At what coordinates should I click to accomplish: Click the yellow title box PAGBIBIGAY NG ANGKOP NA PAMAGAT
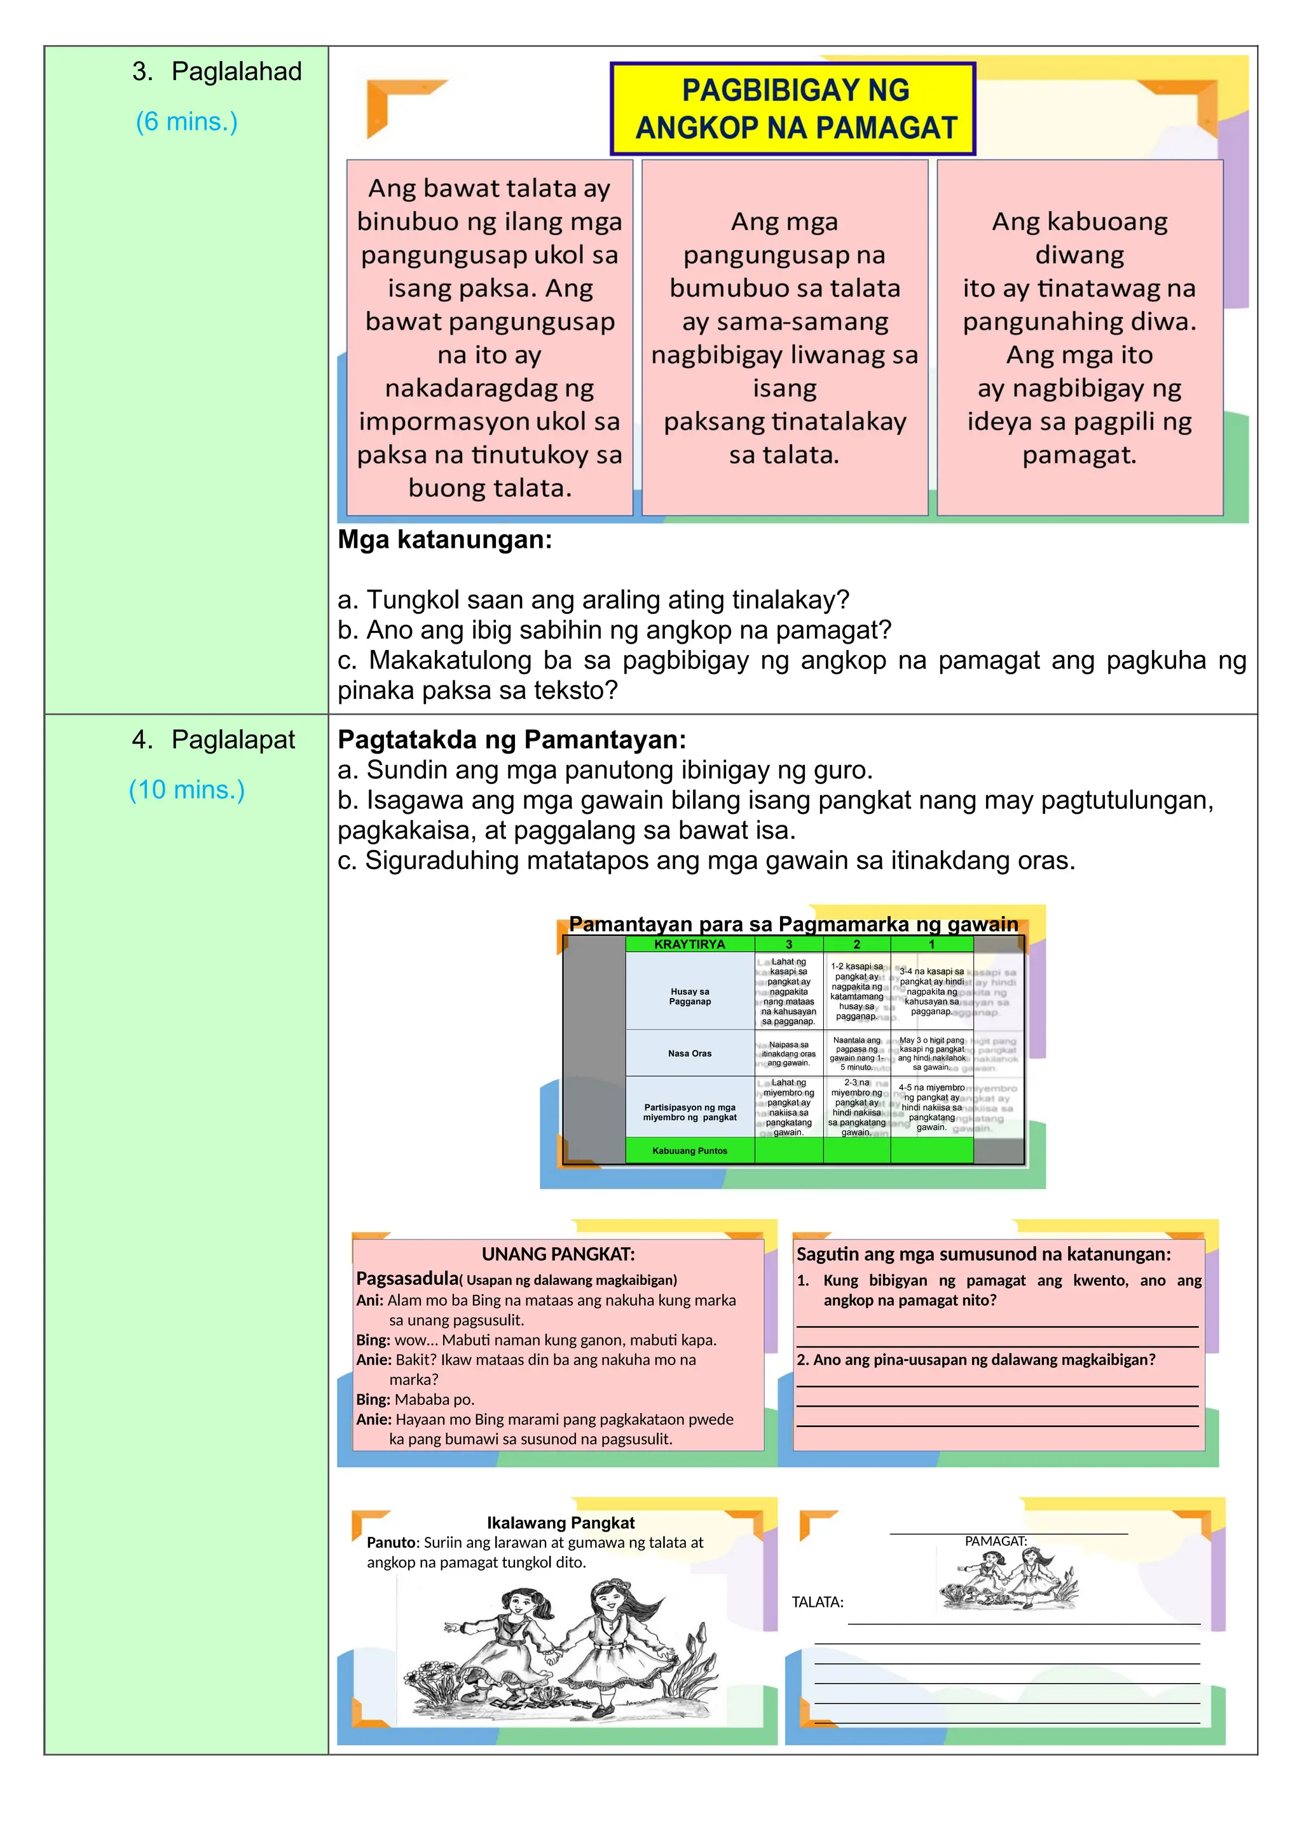pos(793,109)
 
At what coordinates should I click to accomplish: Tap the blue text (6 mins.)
pos(187,122)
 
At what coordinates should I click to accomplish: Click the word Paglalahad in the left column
pos(236,71)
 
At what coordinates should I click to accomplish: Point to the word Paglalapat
pos(233,739)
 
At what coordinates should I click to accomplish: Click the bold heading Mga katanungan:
pos(445,539)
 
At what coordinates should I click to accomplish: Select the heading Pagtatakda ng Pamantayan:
pos(512,739)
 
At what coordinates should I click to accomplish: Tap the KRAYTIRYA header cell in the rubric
pos(690,944)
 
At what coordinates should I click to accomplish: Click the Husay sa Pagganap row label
pos(690,996)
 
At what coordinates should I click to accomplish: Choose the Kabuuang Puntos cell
pos(690,1151)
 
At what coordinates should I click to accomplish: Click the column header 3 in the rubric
pos(789,944)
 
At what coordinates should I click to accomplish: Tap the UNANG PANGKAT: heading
pos(558,1254)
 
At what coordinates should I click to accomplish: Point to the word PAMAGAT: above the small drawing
pos(996,1541)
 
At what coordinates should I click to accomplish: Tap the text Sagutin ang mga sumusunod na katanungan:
pos(983,1254)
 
